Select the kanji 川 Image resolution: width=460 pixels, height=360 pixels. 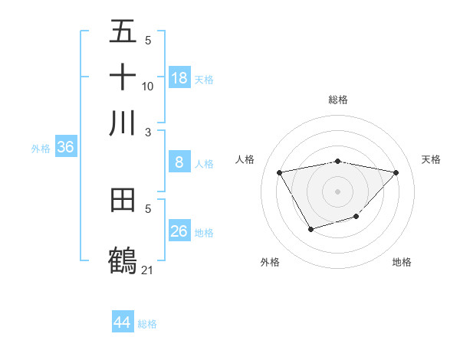pyautogui.click(x=123, y=123)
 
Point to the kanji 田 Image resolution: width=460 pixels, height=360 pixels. pyautogui.click(x=123, y=201)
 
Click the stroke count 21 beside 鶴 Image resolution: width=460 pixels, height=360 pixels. pyautogui.click(x=147, y=270)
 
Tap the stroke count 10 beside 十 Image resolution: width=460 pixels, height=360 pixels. pyautogui.click(x=147, y=86)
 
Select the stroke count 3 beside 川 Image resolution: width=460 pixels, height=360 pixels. pyautogui.click(x=147, y=131)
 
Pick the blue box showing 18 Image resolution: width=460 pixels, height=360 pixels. pyautogui.click(x=179, y=77)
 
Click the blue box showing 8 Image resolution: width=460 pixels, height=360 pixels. pyautogui.click(x=179, y=162)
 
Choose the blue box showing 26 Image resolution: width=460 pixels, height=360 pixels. pyautogui.click(x=179, y=231)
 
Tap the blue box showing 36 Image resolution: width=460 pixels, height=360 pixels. pyautogui.click(x=65, y=148)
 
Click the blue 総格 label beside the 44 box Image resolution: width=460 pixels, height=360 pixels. pyautogui.click(x=147, y=324)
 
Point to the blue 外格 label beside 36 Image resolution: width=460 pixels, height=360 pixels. pyautogui.click(x=41, y=149)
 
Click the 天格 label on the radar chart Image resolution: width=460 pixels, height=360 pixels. pyautogui.click(x=431, y=159)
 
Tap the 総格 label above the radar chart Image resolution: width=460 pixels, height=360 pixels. pyautogui.click(x=338, y=100)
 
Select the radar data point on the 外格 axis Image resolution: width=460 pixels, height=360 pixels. pyautogui.click(x=310, y=229)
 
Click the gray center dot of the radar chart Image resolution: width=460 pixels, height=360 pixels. pyautogui.click(x=338, y=190)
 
